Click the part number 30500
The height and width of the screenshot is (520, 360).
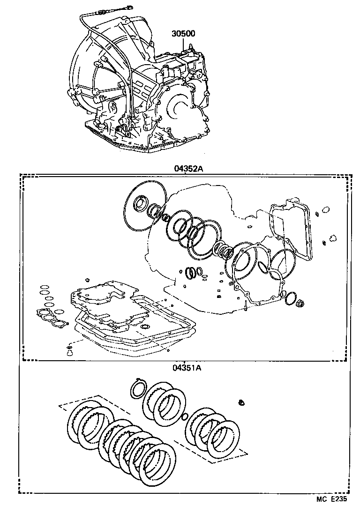(x=183, y=34)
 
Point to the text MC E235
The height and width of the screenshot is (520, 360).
(x=331, y=513)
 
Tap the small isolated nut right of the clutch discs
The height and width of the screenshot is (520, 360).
(x=241, y=402)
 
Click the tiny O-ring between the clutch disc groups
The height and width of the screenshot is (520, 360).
(x=184, y=416)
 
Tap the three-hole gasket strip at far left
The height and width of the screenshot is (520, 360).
(x=48, y=319)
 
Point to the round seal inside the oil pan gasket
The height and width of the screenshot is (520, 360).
(x=146, y=326)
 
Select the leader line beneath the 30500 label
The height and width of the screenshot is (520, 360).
(x=183, y=45)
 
